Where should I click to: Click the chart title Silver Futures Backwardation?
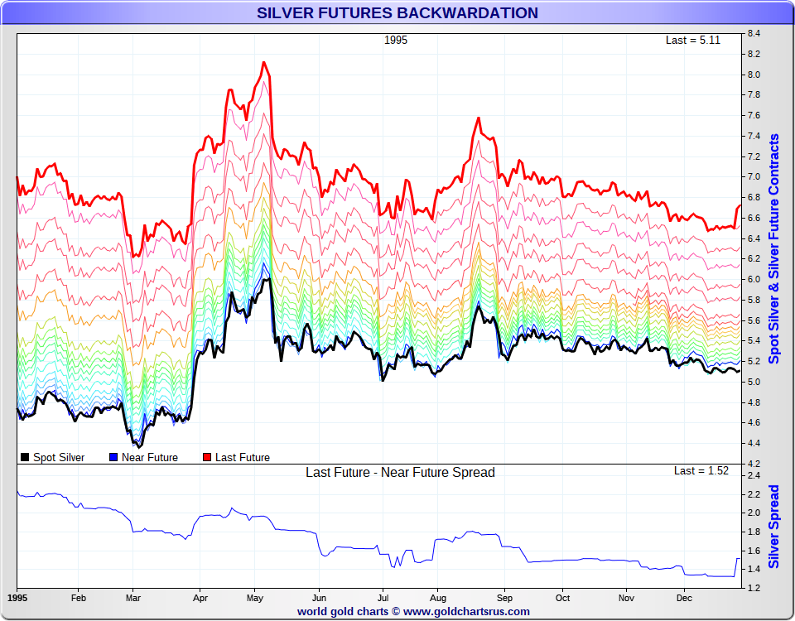point(397,13)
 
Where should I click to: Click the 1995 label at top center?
point(396,40)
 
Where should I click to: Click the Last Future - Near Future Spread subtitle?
point(400,473)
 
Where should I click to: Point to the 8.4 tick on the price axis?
point(754,34)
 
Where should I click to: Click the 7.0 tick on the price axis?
point(754,177)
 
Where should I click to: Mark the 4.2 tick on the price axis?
point(754,464)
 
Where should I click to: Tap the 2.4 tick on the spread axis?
point(754,476)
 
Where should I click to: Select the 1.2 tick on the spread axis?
point(754,588)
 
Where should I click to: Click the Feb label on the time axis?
point(79,597)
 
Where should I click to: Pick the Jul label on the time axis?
point(383,597)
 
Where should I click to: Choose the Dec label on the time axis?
point(684,597)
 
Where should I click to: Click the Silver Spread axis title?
point(774,527)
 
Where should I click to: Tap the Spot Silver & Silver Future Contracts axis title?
point(774,248)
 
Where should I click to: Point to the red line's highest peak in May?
point(263,62)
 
